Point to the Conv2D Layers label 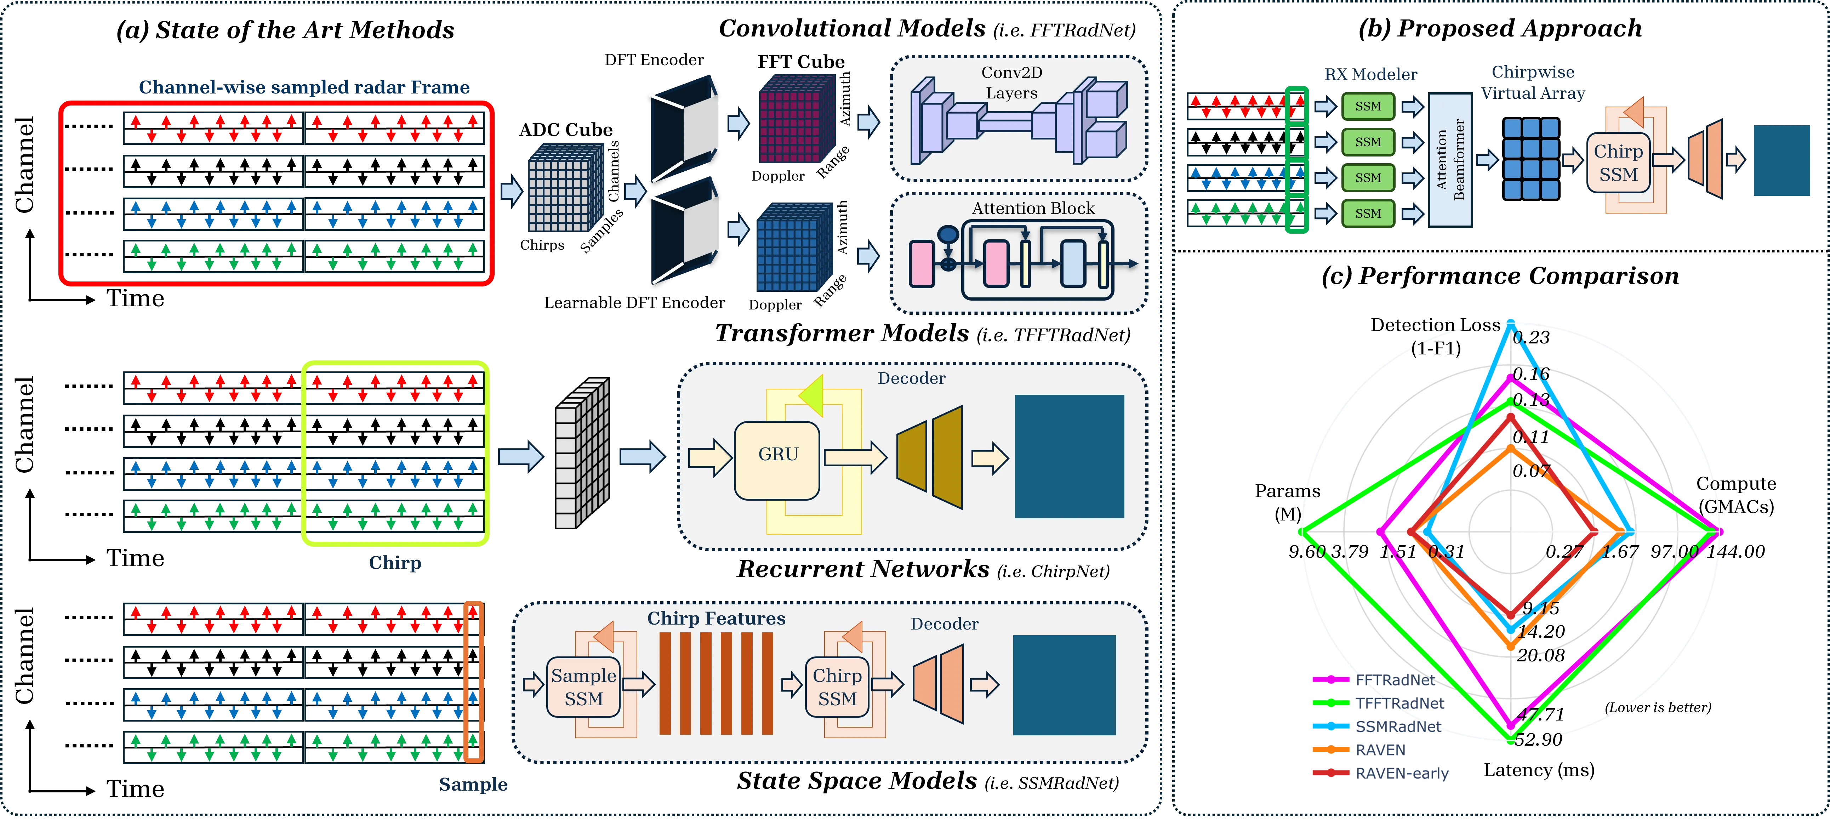click(1011, 82)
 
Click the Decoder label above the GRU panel click(911, 378)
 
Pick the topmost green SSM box click(1368, 107)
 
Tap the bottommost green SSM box click(1368, 213)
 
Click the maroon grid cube click(796, 121)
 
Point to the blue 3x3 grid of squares click(1531, 159)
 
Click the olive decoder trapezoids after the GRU click(931, 457)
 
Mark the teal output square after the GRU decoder click(1069, 456)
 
